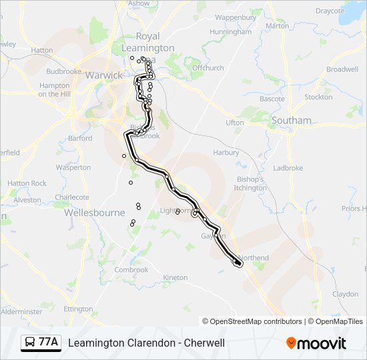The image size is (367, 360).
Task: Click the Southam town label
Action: [291, 121]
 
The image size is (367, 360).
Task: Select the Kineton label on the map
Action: [175, 277]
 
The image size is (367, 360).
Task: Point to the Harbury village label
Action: [226, 153]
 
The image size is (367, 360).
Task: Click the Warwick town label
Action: [104, 75]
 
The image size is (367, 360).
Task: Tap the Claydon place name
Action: [345, 294]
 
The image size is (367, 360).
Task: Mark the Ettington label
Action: [78, 309]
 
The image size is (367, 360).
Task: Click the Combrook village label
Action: [131, 270]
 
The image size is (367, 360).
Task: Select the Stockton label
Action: [318, 97]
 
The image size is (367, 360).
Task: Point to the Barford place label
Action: [80, 139]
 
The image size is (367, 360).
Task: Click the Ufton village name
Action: [235, 123]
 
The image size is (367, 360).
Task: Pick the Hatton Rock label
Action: [27, 183]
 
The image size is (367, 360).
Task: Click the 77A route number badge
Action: [48, 343]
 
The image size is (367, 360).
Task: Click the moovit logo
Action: [316, 343]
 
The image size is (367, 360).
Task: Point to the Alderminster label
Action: [22, 311]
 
